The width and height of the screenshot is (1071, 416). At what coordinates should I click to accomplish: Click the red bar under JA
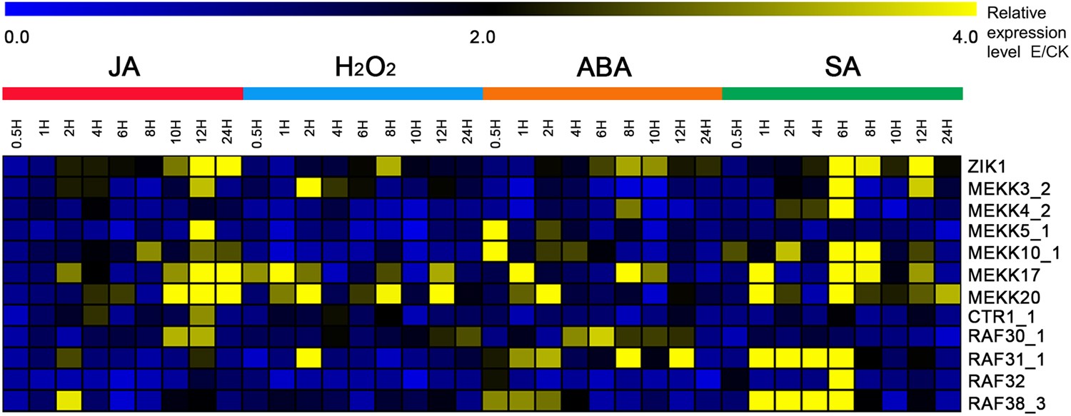tap(124, 94)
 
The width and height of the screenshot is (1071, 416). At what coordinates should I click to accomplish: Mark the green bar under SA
tap(843, 94)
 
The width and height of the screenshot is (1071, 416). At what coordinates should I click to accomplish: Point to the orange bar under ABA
tap(603, 94)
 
